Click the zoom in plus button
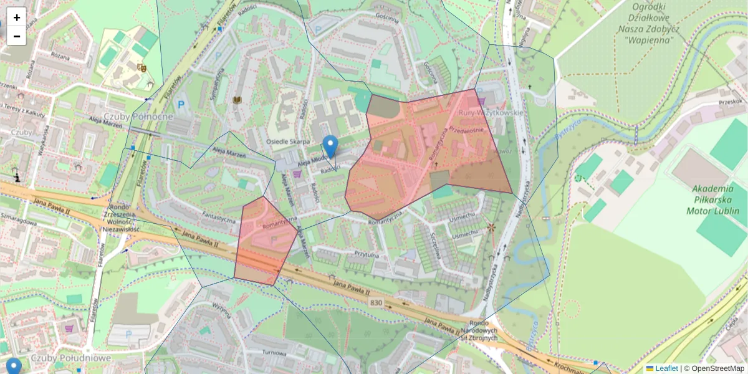tap(17, 17)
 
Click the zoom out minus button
tap(17, 36)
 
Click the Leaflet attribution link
tap(666, 368)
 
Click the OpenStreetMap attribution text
tap(717, 368)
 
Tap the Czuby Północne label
tap(138, 117)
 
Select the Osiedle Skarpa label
tap(288, 141)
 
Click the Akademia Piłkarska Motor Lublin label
tap(716, 199)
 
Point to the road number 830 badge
tap(375, 303)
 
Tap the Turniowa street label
tap(274, 352)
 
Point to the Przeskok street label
tap(730, 102)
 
